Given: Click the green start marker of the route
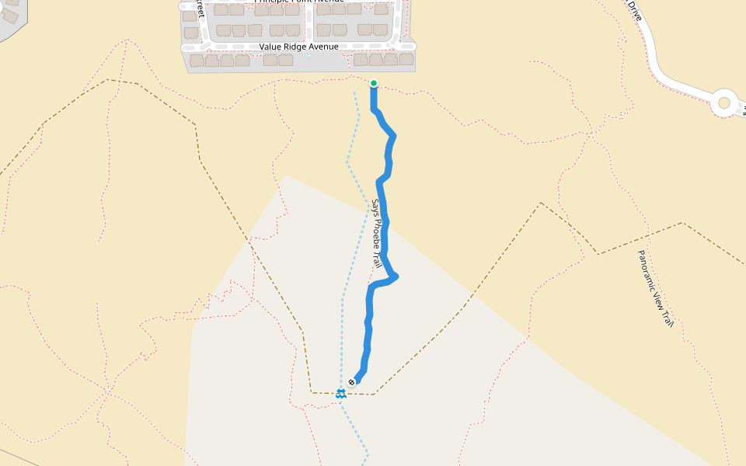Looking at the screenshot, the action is click(x=374, y=83).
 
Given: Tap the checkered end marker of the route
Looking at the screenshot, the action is click(x=352, y=382).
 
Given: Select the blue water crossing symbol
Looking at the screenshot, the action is click(x=340, y=394).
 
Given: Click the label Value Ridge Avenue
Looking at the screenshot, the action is click(x=298, y=47).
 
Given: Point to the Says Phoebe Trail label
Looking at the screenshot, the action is click(x=376, y=235).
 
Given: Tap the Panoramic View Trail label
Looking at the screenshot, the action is click(x=655, y=288).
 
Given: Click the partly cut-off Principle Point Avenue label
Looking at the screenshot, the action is click(x=298, y=2).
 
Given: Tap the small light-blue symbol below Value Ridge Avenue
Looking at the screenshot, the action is click(x=309, y=56).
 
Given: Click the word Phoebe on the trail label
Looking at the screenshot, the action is click(x=376, y=232).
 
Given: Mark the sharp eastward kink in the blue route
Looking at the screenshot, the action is click(x=396, y=276).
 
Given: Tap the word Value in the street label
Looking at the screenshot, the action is click(x=271, y=47).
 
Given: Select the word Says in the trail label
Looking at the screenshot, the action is click(x=374, y=207).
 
